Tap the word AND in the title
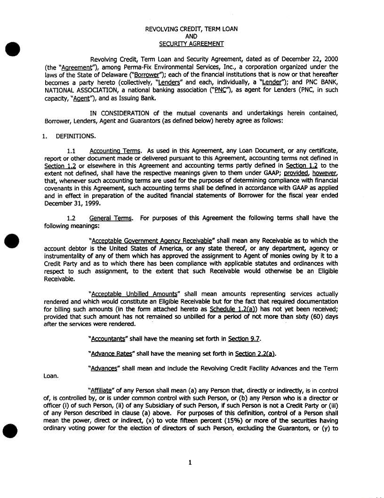click(191, 36)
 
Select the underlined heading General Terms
click(111, 218)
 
